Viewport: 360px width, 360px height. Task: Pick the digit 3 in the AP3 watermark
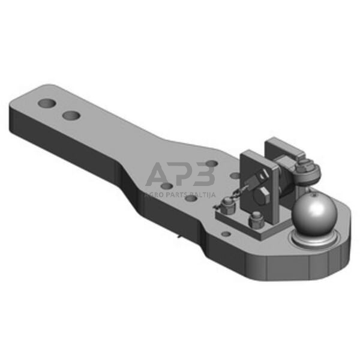pyautogui.click(x=206, y=176)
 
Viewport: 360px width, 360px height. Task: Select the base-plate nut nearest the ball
pyautogui.click(x=256, y=219)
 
